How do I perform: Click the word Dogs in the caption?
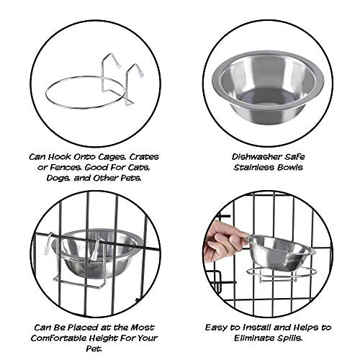click(58, 179)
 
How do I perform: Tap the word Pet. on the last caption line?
click(94, 348)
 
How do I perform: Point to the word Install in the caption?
click(256, 328)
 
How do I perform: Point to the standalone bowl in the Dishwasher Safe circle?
click(268, 89)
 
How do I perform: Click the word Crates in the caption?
click(144, 157)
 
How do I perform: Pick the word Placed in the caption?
click(83, 328)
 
